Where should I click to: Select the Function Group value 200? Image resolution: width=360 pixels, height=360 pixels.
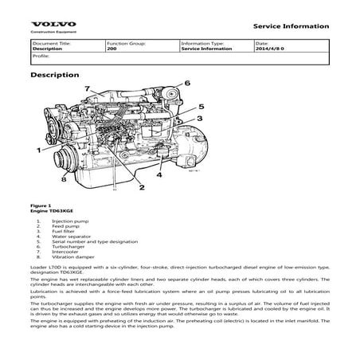[x=112, y=49]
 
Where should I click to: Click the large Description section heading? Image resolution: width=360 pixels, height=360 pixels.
[x=54, y=75]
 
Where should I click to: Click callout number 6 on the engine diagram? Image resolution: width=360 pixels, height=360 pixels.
[x=187, y=84]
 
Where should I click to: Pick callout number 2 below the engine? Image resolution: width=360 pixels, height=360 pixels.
[x=142, y=188]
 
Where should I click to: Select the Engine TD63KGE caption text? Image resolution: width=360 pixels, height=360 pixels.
[x=50, y=211]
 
